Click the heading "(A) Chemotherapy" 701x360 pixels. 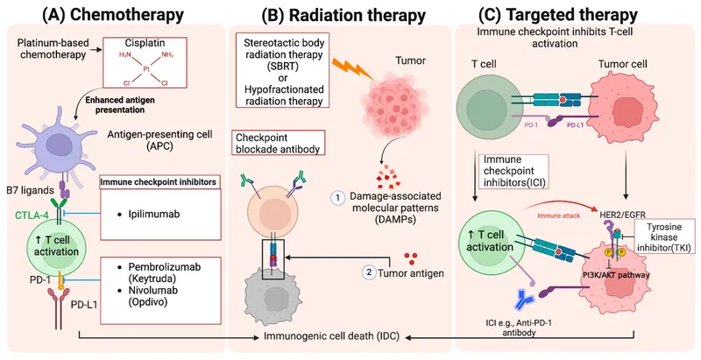(108, 14)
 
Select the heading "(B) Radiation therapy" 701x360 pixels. (336, 14)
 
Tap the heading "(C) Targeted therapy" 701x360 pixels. (575, 14)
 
